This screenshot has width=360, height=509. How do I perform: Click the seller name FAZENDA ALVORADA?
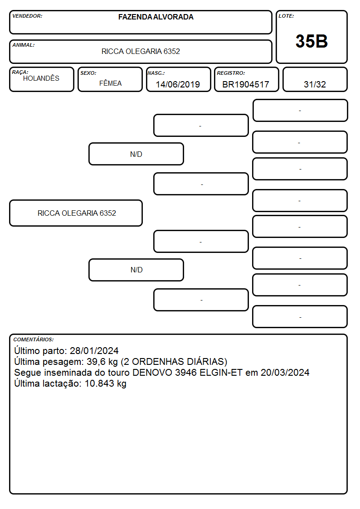tap(156, 17)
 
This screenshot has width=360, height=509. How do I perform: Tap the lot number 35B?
tap(311, 41)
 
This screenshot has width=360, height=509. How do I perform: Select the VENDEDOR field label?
tap(27, 16)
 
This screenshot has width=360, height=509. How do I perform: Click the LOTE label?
tap(286, 16)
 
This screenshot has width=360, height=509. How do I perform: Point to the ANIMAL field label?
tap(24, 45)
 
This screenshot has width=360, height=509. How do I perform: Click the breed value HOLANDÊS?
tap(41, 78)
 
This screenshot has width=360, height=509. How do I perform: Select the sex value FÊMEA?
tap(110, 83)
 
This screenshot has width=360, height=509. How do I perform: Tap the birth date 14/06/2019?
tap(178, 84)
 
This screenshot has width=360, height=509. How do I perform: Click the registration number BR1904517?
tap(246, 84)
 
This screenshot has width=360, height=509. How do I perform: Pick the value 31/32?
tap(315, 84)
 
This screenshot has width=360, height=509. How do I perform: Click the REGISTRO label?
tap(231, 73)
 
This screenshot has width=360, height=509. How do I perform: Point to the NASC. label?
tap(156, 73)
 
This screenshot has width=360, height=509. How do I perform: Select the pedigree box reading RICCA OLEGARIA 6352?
tap(76, 213)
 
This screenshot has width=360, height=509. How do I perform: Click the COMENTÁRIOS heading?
tap(34, 339)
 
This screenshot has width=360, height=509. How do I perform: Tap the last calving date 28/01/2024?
tap(94, 350)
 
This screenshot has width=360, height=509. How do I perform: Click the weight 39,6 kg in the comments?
tap(102, 362)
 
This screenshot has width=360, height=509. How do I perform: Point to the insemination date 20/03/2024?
tap(285, 372)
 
